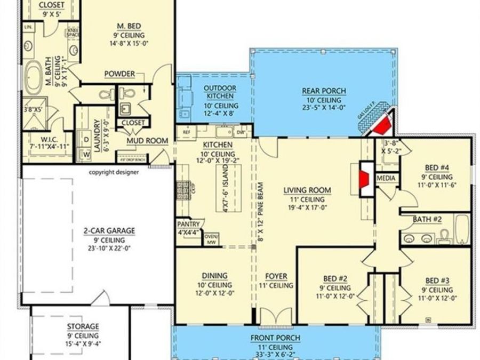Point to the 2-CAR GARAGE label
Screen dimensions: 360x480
coord(109,231)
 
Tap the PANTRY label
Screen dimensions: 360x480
coord(189,224)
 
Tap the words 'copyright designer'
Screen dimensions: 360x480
coord(114,172)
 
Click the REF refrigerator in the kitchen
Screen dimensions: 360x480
coord(187,131)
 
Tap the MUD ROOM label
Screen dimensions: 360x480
coord(147,141)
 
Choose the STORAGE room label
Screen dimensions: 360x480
coord(83,326)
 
